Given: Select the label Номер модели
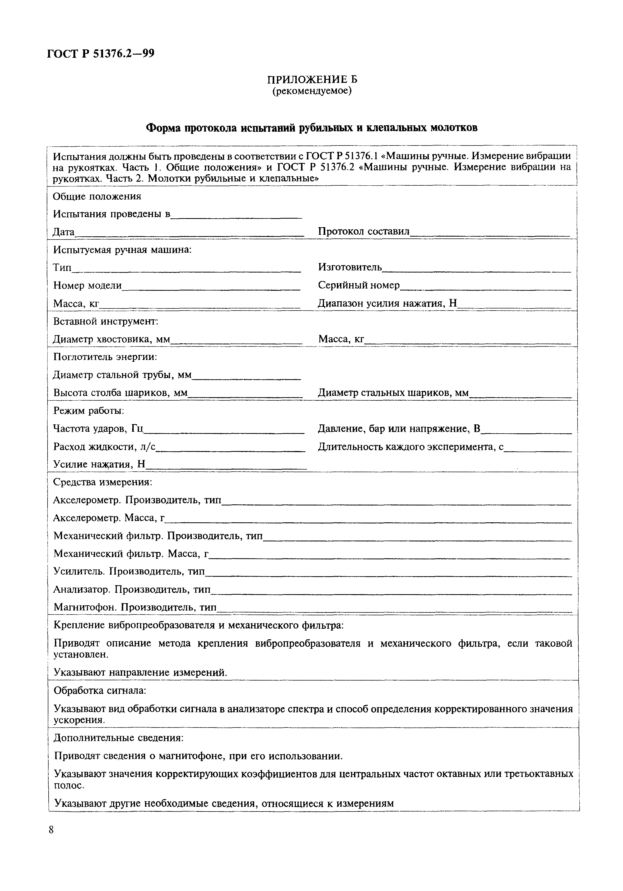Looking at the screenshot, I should (x=87, y=286).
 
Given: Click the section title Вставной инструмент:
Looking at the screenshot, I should (x=106, y=321).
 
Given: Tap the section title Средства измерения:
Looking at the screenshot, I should (x=103, y=482).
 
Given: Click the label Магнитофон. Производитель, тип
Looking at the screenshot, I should (x=135, y=607).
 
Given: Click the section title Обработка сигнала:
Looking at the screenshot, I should (x=100, y=691).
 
